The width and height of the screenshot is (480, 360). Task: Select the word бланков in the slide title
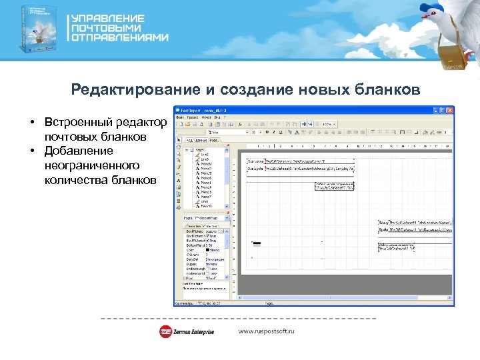(x=388, y=90)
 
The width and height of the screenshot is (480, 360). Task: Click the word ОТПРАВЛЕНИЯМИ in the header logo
(x=120, y=38)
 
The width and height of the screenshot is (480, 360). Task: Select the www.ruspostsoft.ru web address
(x=267, y=331)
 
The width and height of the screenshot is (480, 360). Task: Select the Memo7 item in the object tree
(x=207, y=197)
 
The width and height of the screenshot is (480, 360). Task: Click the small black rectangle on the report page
(x=256, y=243)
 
